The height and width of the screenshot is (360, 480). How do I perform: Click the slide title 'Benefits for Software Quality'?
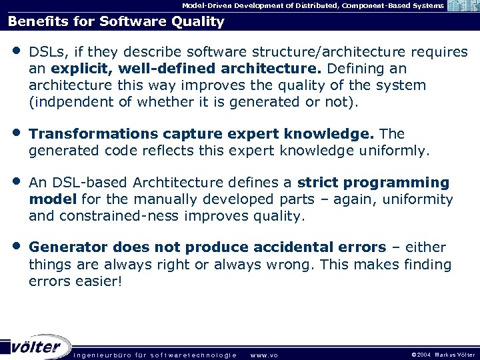[116, 21]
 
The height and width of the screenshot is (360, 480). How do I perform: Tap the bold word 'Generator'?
[65, 248]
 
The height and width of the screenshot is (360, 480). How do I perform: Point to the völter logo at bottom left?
[37, 346]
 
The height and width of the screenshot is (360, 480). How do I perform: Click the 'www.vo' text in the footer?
[263, 355]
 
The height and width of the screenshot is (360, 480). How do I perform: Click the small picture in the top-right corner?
[463, 6]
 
